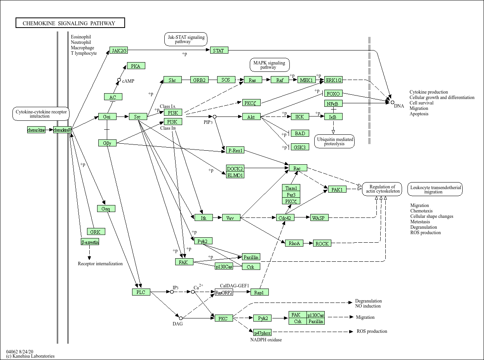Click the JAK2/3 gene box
[119, 50]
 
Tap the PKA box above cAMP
[136, 66]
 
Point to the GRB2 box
[199, 80]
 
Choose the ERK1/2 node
[333, 80]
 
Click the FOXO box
[333, 94]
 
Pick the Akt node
[251, 117]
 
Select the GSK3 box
[300, 147]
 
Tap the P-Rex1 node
[235, 150]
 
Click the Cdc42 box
[285, 218]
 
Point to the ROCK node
[322, 243]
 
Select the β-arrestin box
[90, 242]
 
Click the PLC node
[141, 292]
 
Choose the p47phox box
[262, 333]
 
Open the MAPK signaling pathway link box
[270, 65]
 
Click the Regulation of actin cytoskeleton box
[382, 189]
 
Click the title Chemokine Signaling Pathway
[70, 23]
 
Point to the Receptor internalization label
[100, 264]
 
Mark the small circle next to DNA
[392, 102]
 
